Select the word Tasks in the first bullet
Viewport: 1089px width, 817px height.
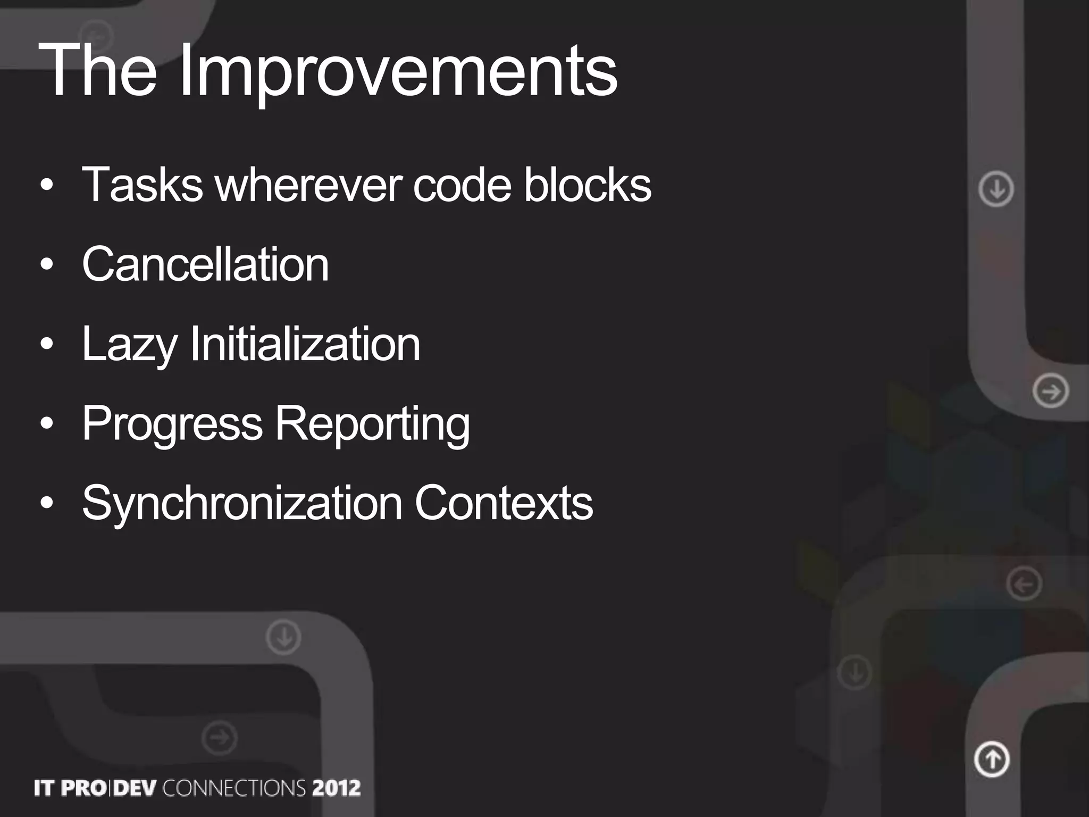tap(142, 185)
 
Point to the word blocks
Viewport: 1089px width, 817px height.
tap(588, 185)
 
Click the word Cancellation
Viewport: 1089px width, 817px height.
tap(205, 264)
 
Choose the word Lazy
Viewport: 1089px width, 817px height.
tap(129, 345)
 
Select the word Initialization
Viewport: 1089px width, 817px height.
tap(305, 345)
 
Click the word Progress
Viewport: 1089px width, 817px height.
tap(172, 424)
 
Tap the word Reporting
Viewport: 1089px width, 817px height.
tap(372, 424)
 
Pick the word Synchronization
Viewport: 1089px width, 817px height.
tap(242, 503)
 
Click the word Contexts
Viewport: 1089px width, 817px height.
tap(504, 503)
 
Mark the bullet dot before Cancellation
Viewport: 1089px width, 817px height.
tap(47, 265)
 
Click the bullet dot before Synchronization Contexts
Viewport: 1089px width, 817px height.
tap(47, 504)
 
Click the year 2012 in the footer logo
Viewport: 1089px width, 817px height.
tap(336, 788)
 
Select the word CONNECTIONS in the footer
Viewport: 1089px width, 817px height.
tap(234, 788)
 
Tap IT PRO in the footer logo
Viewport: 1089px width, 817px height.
tap(69, 788)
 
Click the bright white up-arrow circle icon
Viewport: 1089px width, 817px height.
tap(992, 759)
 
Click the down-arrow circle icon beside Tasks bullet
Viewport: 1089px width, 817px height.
tap(996, 189)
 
